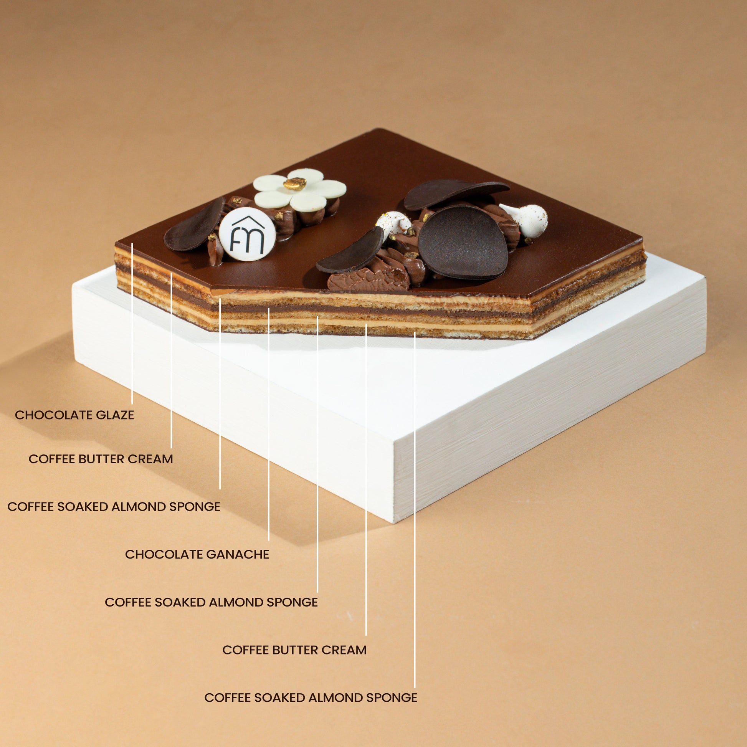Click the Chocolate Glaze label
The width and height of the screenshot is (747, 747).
(74, 415)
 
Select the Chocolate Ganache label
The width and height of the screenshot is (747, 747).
(197, 554)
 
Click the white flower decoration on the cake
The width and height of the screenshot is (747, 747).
(300, 190)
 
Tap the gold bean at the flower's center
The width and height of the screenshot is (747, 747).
(295, 183)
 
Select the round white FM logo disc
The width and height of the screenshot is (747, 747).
(247, 234)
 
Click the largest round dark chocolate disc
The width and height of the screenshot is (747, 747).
(463, 243)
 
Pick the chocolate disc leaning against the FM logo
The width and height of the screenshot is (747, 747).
(194, 225)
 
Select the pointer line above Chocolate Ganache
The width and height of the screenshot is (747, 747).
(269, 424)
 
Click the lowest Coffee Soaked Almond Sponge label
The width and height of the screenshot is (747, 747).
(311, 697)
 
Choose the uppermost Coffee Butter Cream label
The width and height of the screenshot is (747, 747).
(101, 459)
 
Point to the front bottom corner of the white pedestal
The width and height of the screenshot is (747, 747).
(394, 523)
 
